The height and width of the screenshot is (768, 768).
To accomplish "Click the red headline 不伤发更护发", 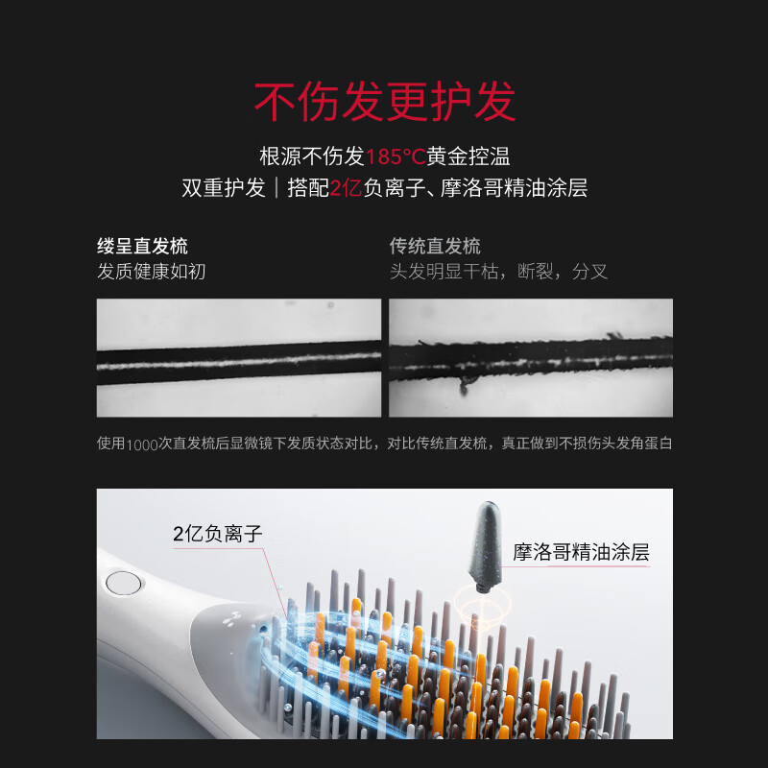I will point(384,102).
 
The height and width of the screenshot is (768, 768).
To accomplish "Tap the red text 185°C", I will point(396,156).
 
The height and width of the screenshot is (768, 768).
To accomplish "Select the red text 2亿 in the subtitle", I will point(345,188).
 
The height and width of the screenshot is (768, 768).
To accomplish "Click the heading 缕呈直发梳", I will point(142,246).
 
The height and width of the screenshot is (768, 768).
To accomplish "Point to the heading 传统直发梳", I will point(435,246).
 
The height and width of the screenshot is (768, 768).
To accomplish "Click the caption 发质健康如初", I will point(152,272).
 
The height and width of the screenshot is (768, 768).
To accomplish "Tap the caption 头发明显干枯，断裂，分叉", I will point(498,272).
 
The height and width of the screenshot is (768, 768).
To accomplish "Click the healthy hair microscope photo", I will point(238,357).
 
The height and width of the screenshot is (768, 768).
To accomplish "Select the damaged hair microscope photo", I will point(530,357).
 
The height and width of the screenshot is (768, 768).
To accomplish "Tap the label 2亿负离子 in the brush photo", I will point(218,534).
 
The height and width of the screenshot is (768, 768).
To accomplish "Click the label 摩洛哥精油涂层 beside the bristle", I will point(581,552).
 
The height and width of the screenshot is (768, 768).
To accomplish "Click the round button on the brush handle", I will point(124,583).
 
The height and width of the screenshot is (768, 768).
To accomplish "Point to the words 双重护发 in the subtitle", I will point(224,188).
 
